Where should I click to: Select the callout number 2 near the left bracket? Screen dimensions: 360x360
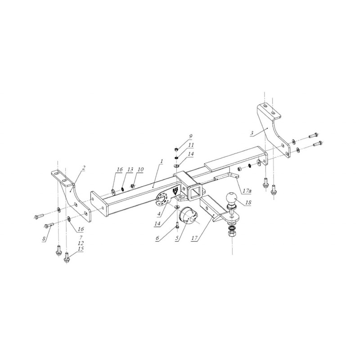(x=84, y=167)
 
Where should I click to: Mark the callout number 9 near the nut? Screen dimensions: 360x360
(x=190, y=136)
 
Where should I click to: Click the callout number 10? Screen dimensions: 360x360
(x=141, y=169)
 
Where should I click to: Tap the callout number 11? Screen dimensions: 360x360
(x=191, y=145)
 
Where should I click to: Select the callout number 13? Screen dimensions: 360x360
(x=130, y=169)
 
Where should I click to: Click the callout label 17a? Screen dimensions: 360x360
(x=247, y=191)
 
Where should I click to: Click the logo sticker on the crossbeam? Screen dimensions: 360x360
(x=174, y=190)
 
